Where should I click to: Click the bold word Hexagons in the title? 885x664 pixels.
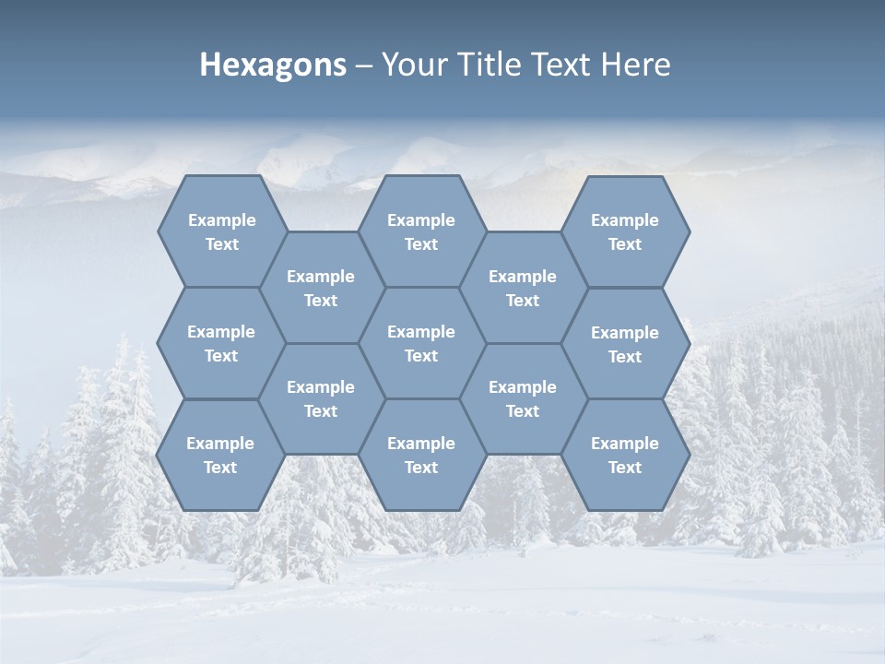(273, 65)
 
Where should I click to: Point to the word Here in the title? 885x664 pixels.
(635, 65)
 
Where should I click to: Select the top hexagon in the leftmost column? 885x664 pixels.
(221, 231)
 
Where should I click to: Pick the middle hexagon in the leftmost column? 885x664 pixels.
(221, 343)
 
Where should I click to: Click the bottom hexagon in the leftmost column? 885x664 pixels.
(220, 455)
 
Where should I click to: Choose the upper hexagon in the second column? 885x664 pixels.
(321, 288)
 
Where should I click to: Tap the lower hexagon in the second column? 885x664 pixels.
(321, 398)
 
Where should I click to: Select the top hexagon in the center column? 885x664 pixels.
(421, 231)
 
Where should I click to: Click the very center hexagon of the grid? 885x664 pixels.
(421, 343)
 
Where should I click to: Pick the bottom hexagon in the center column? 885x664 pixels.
(421, 455)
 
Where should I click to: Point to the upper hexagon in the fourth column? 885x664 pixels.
(523, 288)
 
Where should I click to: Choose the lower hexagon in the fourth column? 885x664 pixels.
(523, 398)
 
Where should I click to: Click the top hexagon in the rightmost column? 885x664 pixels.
(625, 231)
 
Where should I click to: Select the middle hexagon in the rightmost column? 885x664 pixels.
(625, 344)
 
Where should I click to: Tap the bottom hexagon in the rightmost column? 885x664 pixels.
(625, 455)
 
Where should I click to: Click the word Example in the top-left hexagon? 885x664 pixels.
(221, 220)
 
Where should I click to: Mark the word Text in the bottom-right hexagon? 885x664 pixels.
(625, 468)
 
